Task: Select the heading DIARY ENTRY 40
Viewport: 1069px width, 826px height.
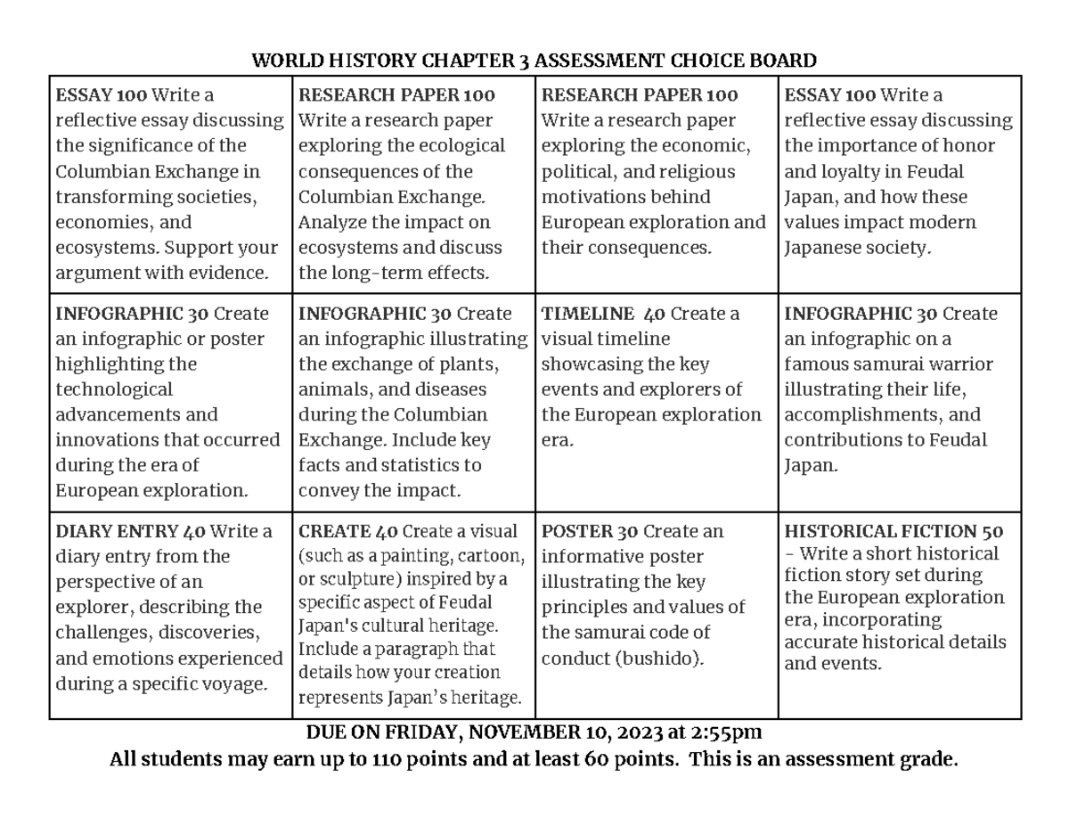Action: pos(130,532)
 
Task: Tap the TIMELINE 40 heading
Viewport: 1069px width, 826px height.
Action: pos(603,314)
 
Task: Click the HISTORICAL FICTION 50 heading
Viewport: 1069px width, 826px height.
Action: pos(894,532)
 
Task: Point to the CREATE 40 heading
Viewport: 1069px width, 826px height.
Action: pos(348,532)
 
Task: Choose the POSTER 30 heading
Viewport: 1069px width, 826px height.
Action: pos(590,532)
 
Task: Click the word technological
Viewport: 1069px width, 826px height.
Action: pos(114,389)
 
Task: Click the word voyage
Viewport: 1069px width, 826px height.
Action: pos(233,684)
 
